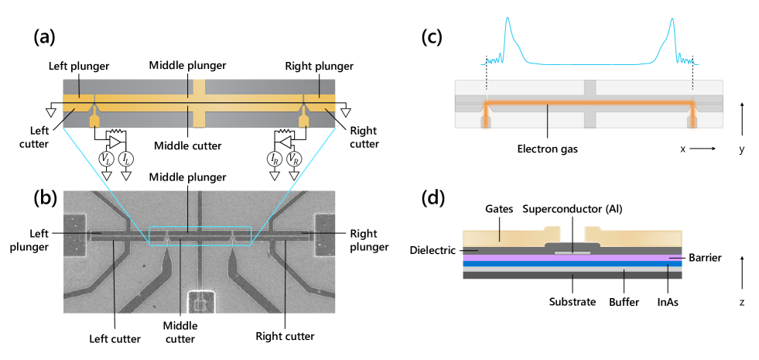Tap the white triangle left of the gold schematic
coord(51,113)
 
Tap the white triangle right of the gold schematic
coord(346,113)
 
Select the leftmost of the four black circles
coord(107,159)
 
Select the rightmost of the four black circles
coord(294,159)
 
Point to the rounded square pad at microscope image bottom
coord(200,303)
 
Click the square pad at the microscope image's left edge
coord(75,235)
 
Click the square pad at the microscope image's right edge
coord(324,235)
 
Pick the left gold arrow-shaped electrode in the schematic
coord(94,119)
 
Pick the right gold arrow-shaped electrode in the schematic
coord(303,119)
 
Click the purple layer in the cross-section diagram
coord(573,258)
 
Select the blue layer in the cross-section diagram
coord(573,264)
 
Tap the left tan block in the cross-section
coord(511,238)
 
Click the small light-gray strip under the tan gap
coord(573,252)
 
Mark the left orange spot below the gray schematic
coord(486,129)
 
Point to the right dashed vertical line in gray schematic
coord(692,85)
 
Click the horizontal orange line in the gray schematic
coord(588,102)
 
